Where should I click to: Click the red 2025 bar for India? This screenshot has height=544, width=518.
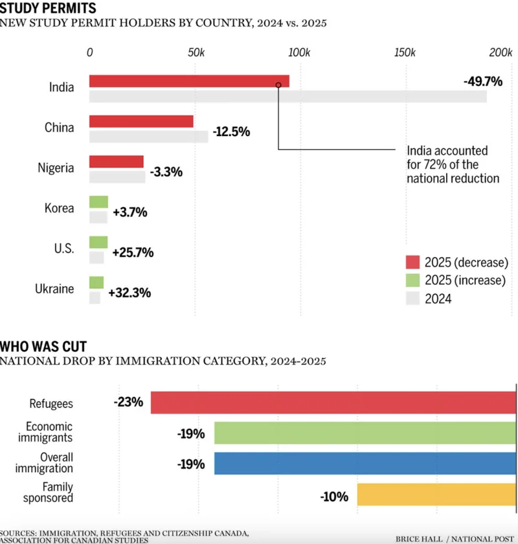pos(188,81)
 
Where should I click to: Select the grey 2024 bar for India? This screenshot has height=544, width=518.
pos(287,96)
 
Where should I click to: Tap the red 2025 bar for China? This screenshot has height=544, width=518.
pos(141,121)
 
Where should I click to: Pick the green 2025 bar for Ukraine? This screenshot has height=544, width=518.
pos(96,282)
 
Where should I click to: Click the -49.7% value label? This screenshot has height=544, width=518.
pos(483,82)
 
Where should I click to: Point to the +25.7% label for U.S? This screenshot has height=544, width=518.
pos(133,252)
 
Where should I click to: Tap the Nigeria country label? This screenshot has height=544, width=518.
pos(56,168)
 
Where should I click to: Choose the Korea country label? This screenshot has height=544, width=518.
pos(59,209)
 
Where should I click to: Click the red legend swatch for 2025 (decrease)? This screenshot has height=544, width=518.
pos(412,262)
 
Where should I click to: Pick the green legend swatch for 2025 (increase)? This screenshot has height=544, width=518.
pos(412,280)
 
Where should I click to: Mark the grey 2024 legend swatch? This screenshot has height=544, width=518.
pos(412,299)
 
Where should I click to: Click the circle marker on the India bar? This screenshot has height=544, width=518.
pos(278,85)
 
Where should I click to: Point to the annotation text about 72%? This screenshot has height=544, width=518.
pos(453,164)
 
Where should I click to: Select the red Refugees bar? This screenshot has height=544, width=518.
pos(333,402)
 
